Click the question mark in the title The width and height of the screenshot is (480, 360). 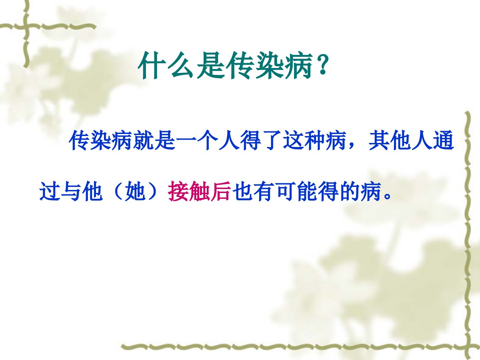(322, 64)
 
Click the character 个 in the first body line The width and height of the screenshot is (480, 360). (207, 141)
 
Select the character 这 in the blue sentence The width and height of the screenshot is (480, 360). (293, 141)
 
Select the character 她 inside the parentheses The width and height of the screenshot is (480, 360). (135, 191)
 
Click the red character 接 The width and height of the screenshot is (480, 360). (178, 191)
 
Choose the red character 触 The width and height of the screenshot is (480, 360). (199, 191)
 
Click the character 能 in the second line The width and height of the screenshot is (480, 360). (307, 191)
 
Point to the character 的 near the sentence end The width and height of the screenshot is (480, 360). (349, 191)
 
